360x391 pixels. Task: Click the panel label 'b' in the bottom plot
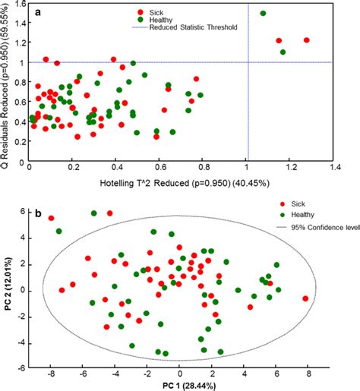click(x=40, y=214)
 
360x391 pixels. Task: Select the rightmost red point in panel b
click(x=305, y=298)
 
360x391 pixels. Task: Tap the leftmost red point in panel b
click(x=52, y=219)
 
